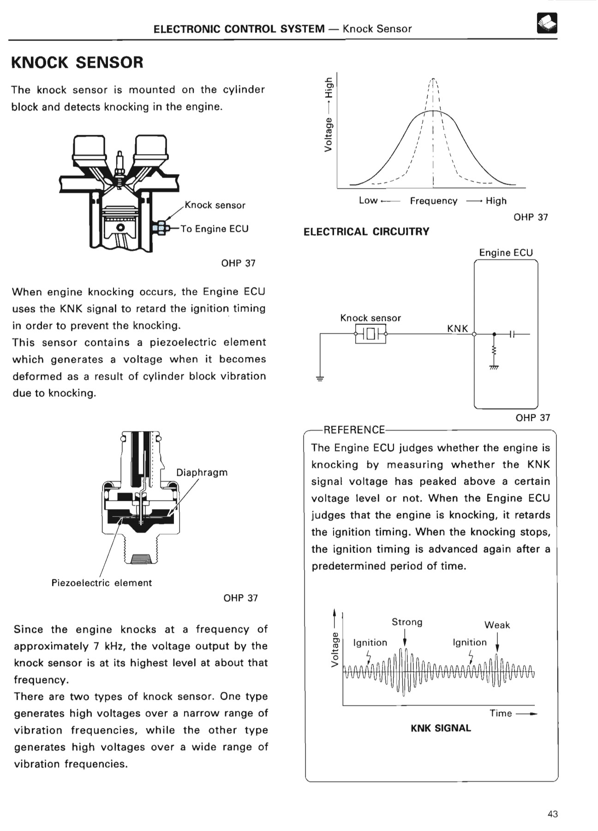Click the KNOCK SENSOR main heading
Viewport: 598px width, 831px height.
coord(77,62)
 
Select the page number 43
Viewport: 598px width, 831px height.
coord(552,814)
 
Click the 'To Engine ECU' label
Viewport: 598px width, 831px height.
coord(214,229)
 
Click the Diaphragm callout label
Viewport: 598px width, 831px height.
coord(202,473)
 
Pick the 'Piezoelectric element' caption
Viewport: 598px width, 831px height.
coord(102,583)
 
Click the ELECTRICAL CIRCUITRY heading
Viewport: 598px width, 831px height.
coord(366,232)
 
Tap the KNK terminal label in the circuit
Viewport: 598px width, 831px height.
coord(457,328)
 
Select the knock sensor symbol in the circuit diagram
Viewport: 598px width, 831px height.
coord(371,334)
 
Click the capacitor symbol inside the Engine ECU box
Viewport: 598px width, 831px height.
coord(512,334)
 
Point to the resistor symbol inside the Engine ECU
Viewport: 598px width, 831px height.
coord(494,351)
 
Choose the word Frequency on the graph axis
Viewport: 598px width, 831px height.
coord(433,201)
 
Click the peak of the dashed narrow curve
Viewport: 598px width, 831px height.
coord(433,79)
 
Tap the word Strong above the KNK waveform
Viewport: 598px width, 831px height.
coord(407,622)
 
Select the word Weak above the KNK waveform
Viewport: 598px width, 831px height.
coord(497,625)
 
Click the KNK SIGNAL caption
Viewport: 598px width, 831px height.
coord(441,728)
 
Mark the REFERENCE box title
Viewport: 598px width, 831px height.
coord(354,430)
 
